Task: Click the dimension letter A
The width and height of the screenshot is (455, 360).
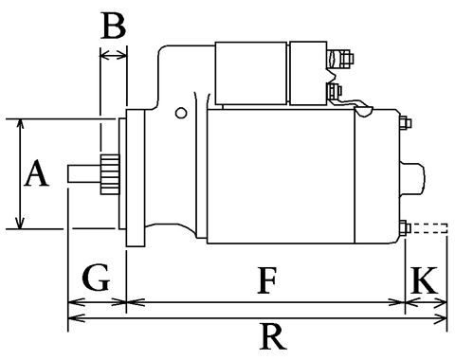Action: pos(37,173)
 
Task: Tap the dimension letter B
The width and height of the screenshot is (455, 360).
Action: pos(114,26)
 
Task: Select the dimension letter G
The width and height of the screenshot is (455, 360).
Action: pos(96,278)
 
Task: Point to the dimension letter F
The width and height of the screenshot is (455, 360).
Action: pos(267,280)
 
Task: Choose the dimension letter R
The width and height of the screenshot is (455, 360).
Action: pos(273,336)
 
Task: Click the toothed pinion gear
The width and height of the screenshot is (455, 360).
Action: pos(110,174)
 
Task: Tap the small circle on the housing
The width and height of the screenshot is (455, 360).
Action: pos(181,113)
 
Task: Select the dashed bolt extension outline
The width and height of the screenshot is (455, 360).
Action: pos(429,228)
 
